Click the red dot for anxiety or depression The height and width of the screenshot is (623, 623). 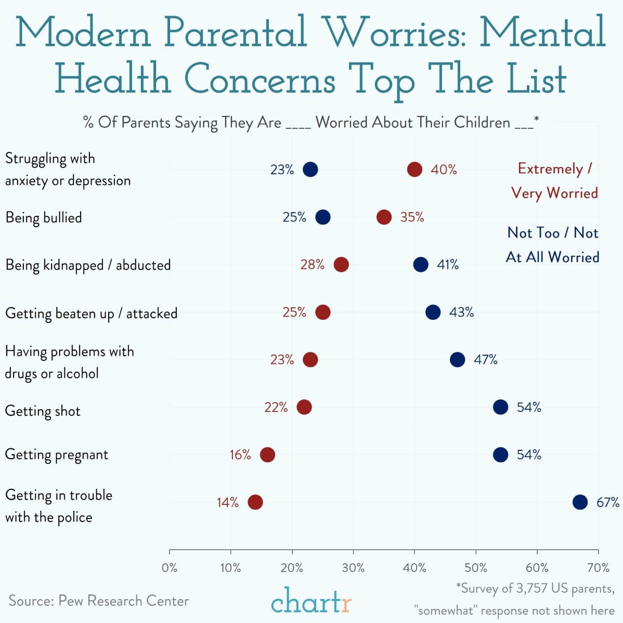point(414,170)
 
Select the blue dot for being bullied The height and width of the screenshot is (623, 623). point(323,217)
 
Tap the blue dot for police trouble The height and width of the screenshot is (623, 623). point(580,502)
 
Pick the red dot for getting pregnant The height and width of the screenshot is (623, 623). point(267,455)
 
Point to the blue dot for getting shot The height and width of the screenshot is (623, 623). point(500,407)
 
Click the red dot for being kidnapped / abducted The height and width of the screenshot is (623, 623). point(341,264)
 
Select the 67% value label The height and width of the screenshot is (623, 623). point(607,502)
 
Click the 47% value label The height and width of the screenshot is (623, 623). point(485,359)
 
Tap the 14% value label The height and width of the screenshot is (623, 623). point(228,502)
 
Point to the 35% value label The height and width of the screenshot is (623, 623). point(412,217)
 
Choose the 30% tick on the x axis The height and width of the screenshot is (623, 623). point(354,567)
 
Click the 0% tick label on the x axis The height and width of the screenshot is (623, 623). point(170,567)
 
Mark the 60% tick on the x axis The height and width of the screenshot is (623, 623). point(537,567)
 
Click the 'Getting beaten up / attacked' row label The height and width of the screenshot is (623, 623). point(91,314)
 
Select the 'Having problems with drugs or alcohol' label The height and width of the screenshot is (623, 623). point(69,362)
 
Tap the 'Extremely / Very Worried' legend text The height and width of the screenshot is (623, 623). point(554,180)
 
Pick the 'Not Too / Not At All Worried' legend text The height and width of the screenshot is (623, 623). point(553,244)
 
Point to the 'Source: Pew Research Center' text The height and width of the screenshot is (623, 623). point(99,601)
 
